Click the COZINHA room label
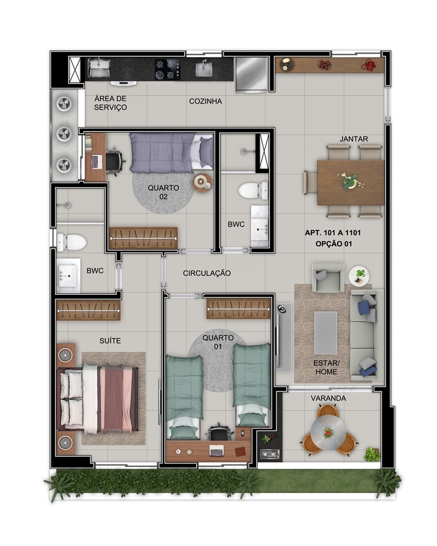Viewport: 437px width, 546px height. [205, 102]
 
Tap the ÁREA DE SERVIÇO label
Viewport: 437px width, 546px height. [110, 103]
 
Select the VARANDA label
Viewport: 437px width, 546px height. [328, 398]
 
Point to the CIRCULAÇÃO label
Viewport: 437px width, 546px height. [206, 274]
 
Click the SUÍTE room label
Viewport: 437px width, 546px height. [110, 341]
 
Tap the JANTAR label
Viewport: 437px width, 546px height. [354, 139]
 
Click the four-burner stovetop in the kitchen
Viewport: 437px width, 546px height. [168, 69]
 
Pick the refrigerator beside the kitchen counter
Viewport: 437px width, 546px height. [252, 75]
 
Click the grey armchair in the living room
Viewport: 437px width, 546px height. [328, 277]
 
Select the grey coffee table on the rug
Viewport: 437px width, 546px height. [326, 333]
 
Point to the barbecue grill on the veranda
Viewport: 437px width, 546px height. [270, 454]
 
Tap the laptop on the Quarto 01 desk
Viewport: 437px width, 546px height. [216, 450]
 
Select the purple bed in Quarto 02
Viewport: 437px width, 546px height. [171, 153]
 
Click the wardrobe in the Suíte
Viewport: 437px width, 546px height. [88, 310]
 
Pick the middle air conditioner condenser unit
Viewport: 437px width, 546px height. [65, 134]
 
